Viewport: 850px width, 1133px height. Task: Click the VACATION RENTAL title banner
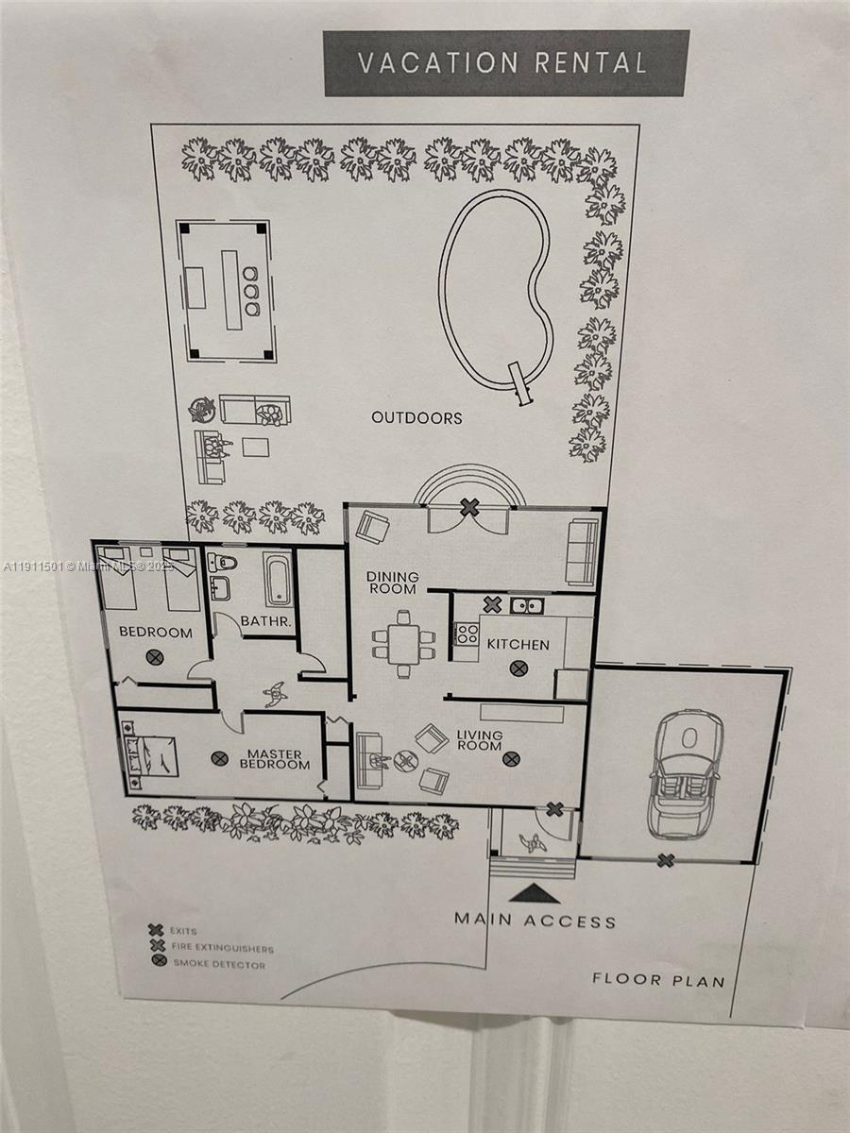tap(505, 63)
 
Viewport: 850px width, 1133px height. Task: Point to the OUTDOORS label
tap(416, 417)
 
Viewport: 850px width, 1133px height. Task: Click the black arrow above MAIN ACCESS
tap(535, 893)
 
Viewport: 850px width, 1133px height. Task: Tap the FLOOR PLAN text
tap(658, 979)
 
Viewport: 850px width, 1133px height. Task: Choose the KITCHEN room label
tap(518, 645)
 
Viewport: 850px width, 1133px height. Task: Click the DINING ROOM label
tap(392, 583)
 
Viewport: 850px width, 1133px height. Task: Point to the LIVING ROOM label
tap(479, 740)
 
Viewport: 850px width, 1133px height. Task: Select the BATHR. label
tap(268, 621)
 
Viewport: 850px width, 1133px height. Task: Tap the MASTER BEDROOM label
tap(274, 759)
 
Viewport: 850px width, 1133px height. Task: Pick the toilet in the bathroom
tap(222, 564)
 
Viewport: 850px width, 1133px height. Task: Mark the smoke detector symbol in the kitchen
tap(518, 668)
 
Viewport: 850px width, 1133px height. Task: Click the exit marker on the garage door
tap(666, 859)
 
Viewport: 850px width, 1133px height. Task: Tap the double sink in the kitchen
tap(526, 605)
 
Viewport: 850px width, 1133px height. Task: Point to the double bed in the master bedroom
tap(151, 754)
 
